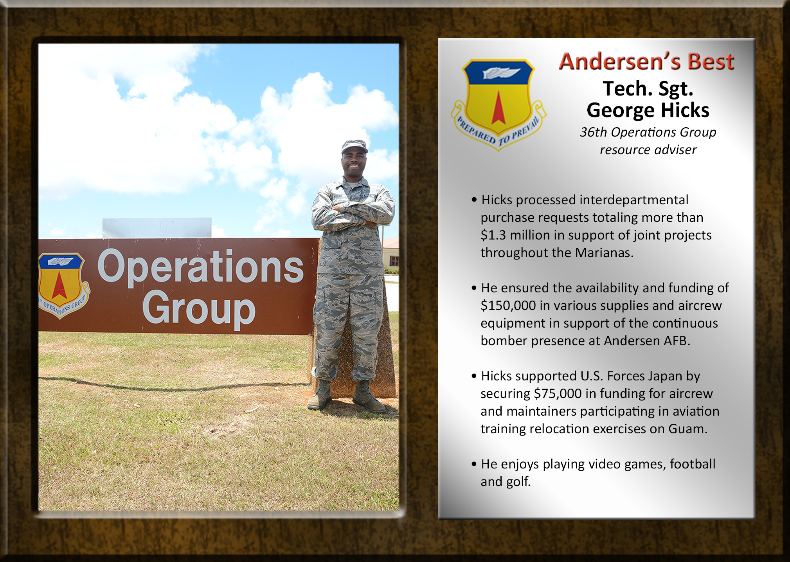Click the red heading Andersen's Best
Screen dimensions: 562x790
(646, 61)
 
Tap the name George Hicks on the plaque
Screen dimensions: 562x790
(648, 110)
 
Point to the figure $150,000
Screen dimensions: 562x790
(508, 306)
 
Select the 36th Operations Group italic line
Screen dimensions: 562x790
(648, 132)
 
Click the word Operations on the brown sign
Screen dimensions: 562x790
(200, 267)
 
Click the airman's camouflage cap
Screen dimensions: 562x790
(354, 146)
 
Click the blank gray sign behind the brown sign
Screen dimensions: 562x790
(157, 228)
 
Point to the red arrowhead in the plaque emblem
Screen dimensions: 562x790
(498, 108)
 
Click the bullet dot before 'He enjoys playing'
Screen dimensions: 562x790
(474, 464)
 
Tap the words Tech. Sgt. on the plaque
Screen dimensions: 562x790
(648, 89)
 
